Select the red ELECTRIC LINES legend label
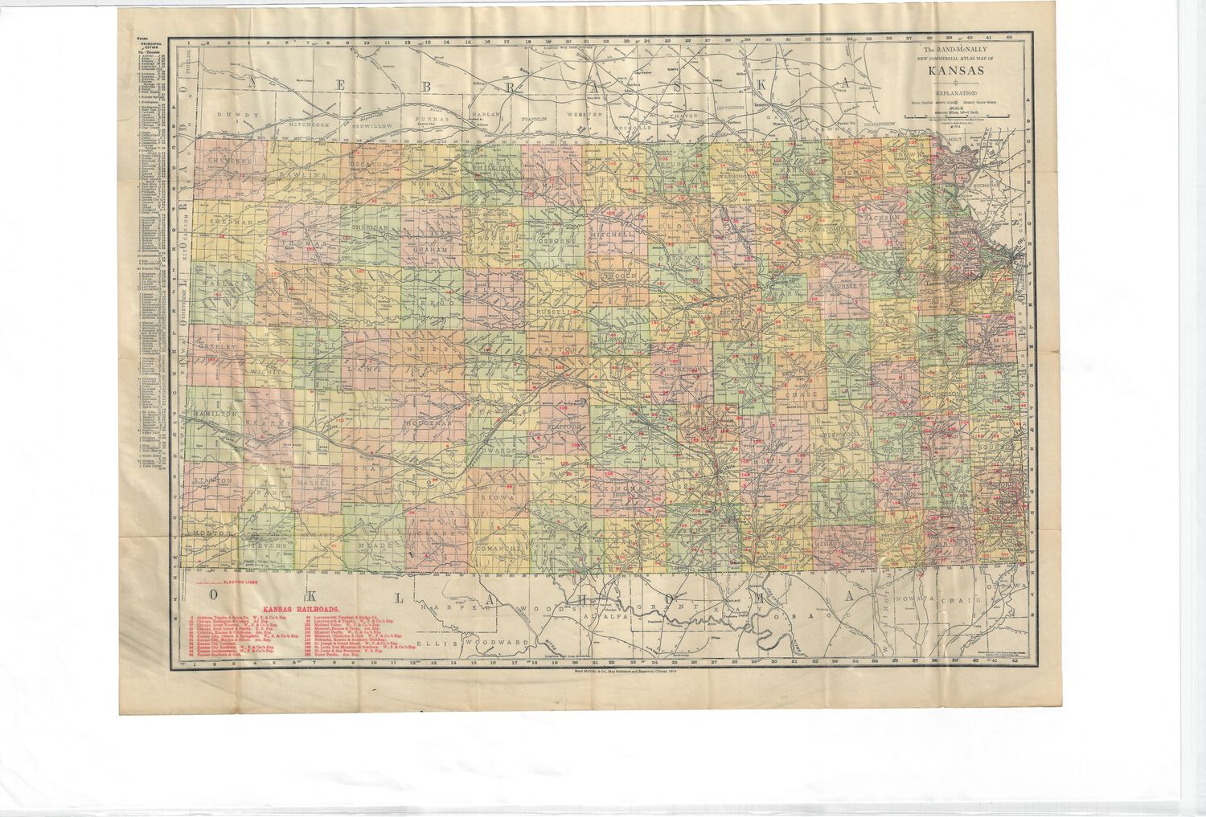pyautogui.click(x=239, y=581)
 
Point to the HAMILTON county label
pyautogui.click(x=215, y=412)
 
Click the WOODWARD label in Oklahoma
pyautogui.click(x=504, y=643)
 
